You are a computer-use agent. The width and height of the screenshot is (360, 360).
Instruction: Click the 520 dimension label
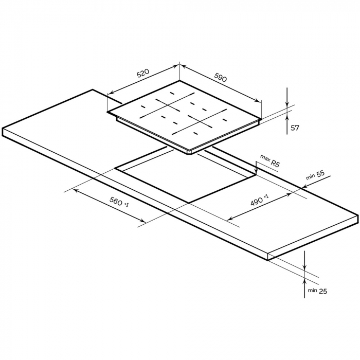[x=143, y=73]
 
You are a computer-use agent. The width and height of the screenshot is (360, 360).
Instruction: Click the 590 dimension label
[x=221, y=77]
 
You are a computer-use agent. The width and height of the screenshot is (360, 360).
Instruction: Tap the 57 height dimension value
[x=295, y=128]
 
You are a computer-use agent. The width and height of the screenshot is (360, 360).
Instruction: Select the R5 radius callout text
[x=275, y=164]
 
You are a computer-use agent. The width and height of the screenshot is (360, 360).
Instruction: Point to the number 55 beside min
[x=321, y=174]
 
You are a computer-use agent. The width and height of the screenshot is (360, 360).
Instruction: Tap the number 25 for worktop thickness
[x=323, y=292]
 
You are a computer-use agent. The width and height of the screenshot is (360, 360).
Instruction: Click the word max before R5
[x=265, y=158]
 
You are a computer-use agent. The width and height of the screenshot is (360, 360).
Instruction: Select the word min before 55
[x=311, y=177]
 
